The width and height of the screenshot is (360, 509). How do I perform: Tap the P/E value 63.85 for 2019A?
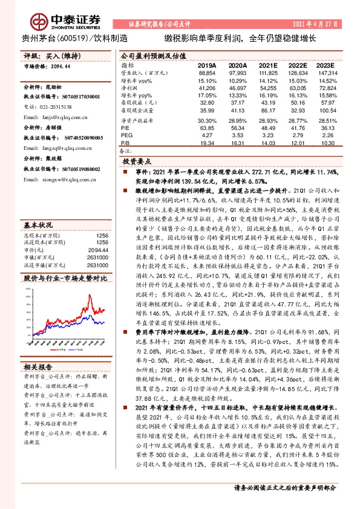208,128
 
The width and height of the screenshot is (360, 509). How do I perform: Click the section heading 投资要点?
136,163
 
